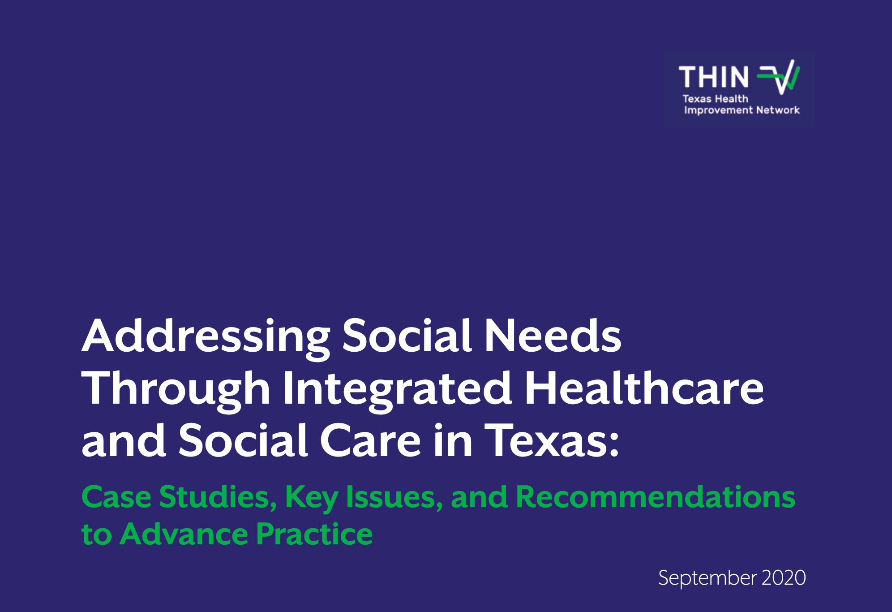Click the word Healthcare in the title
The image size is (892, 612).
(644, 388)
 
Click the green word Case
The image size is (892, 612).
(116, 497)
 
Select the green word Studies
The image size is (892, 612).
(218, 498)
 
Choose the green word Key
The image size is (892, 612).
(311, 499)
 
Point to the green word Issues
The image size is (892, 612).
(395, 498)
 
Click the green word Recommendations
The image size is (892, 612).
(656, 497)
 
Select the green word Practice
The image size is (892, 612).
(314, 534)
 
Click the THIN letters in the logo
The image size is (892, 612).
(714, 77)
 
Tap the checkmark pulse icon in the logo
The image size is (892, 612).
(778, 77)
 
